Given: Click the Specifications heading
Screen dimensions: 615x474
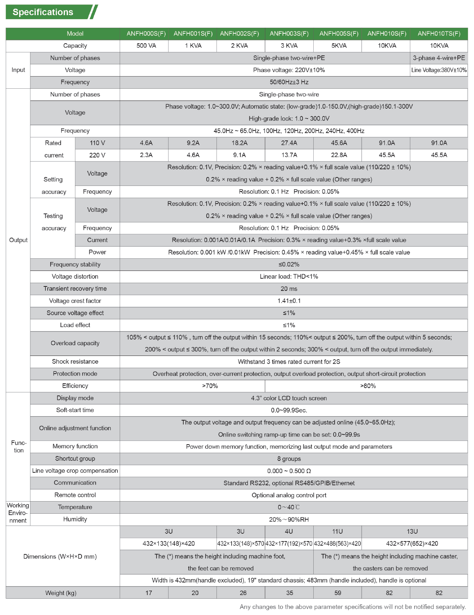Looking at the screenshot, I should [x=43, y=12].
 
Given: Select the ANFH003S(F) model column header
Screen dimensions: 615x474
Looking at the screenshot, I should [x=289, y=34].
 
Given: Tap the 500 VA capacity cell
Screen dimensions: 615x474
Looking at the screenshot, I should [x=146, y=46].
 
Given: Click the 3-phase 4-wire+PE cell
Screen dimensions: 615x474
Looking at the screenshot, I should [x=439, y=58].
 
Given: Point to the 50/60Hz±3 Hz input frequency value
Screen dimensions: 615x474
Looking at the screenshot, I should [x=289, y=82].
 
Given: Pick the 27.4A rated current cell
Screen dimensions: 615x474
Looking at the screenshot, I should [x=289, y=143].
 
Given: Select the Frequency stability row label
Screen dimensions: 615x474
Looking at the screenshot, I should [x=75, y=264].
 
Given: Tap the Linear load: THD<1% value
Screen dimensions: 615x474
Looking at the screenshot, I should [x=289, y=276].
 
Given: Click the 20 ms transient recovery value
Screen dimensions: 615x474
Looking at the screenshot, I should [x=289, y=289].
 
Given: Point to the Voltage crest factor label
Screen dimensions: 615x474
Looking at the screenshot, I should [x=75, y=301].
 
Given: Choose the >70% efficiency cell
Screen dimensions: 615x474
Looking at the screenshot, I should [x=210, y=386].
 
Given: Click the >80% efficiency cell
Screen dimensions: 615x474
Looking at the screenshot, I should [x=368, y=386].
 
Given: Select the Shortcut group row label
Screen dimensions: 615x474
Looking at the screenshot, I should [x=75, y=459].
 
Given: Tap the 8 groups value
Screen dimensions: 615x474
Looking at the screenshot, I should [x=289, y=459].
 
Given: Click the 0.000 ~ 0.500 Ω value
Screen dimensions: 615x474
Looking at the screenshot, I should [x=289, y=471].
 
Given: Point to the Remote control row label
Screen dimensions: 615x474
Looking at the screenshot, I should [x=75, y=495].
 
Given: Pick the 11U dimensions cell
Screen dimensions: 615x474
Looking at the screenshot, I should [x=337, y=531].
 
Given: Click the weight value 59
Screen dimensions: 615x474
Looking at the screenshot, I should [x=338, y=593].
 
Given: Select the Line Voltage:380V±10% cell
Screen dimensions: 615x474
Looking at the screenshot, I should [x=439, y=70].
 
